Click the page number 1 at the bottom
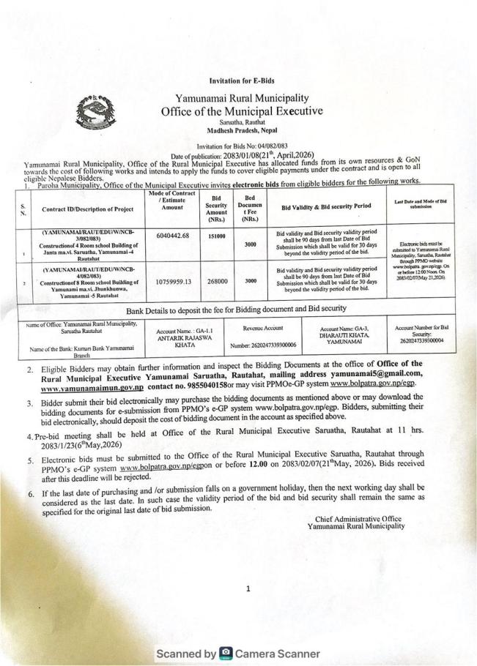pos(248,588)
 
